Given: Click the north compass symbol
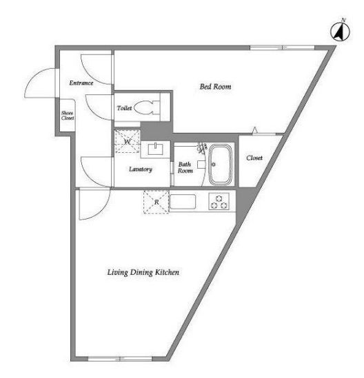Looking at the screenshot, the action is pos(340,32).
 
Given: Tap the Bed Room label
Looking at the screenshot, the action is pos(215,87).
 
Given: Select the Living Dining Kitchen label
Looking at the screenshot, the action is pos(143,273).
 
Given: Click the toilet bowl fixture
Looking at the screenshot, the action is pos(147,108).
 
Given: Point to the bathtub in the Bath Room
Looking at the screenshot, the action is pos(221,164).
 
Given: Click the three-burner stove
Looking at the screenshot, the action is pos(219,202).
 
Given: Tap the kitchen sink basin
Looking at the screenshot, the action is pos(183,202).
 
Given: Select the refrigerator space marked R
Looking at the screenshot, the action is pos(156,202).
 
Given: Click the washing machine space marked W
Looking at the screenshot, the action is pos(127,141).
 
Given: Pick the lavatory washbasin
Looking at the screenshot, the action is pos(156,149).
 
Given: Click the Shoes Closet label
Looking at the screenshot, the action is pos(68,116).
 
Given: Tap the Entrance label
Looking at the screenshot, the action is pos(81,83).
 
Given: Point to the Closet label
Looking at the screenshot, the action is pos(254,158).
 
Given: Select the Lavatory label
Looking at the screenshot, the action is pos(141,169).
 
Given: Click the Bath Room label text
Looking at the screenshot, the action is pos(185,167).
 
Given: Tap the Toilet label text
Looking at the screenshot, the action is pos(124,108).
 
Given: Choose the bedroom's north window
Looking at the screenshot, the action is pos(282,48).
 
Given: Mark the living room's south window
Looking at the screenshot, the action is pos(120,359).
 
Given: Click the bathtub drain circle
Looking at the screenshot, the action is pos(214,165).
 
